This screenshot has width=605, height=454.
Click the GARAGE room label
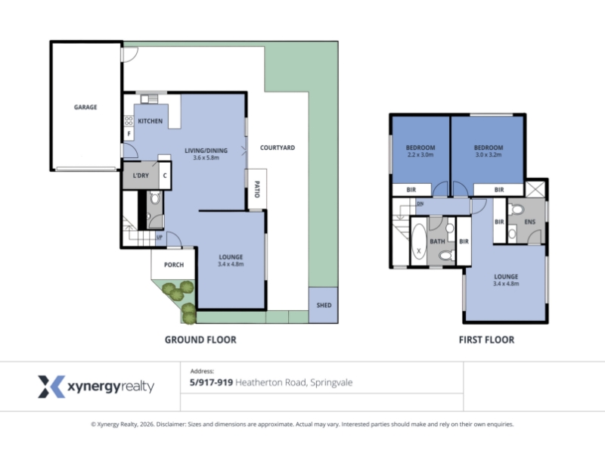pyautogui.click(x=85, y=107)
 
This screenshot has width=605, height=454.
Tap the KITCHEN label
pyautogui.click(x=150, y=121)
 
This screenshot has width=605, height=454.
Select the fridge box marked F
pyautogui.click(x=129, y=134)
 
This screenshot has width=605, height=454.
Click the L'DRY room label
pyautogui.click(x=141, y=176)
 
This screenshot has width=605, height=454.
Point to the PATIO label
pyautogui.click(x=257, y=189)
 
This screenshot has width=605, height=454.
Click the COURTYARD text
pyautogui.click(x=278, y=148)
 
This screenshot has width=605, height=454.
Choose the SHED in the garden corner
pyautogui.click(x=324, y=305)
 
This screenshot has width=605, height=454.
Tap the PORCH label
pyautogui.click(x=174, y=264)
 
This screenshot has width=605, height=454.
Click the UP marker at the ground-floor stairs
pyautogui.click(x=160, y=237)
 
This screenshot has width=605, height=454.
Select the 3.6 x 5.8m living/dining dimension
pyautogui.click(x=206, y=157)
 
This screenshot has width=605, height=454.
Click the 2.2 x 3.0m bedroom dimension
pyautogui.click(x=420, y=154)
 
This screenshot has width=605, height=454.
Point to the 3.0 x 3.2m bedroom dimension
pyautogui.click(x=489, y=154)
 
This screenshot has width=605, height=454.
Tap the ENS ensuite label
pyautogui.click(x=530, y=222)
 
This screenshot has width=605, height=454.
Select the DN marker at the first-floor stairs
pyautogui.click(x=420, y=204)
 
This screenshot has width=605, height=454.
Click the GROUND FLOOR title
pyautogui.click(x=200, y=340)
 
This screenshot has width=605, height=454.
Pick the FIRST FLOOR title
pyautogui.click(x=486, y=340)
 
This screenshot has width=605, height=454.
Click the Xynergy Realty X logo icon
pyautogui.click(x=51, y=387)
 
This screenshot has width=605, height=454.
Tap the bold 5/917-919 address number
pyautogui.click(x=212, y=382)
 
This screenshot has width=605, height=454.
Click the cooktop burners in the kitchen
pyautogui.click(x=129, y=120)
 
